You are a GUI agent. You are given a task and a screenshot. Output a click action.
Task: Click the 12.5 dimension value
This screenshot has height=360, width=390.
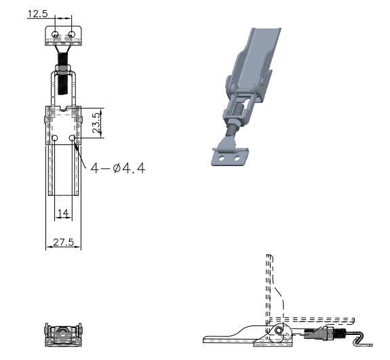[37, 14]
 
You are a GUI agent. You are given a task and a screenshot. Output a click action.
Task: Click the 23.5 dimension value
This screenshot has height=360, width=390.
[96, 123]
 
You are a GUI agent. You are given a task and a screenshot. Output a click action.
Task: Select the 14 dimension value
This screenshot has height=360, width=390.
[63, 213]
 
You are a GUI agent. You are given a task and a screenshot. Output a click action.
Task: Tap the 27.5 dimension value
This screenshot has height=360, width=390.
[64, 242]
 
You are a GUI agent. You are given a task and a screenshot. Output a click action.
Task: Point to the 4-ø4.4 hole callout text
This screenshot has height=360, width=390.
[117, 168]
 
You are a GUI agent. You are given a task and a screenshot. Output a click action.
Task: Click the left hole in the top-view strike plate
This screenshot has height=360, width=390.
[55, 35]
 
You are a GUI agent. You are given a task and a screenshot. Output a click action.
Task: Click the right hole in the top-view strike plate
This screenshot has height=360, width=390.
[71, 35]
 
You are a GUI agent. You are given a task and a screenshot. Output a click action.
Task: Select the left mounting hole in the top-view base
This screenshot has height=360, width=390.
[55, 138]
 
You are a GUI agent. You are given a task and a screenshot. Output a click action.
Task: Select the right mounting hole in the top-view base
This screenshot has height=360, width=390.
[72, 138]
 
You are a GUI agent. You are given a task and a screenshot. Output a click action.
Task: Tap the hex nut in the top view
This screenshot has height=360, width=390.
[63, 70]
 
